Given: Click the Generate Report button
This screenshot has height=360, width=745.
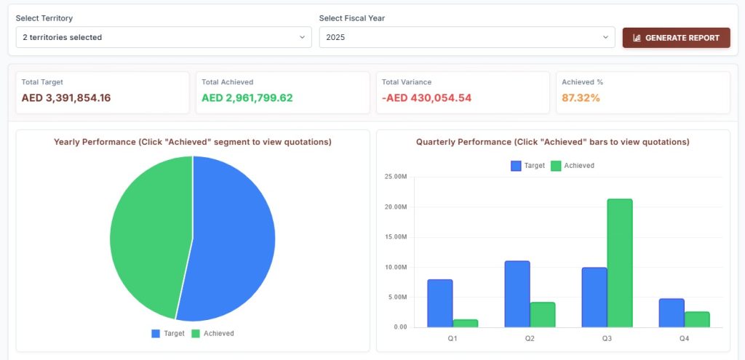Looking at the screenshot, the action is coord(676,38).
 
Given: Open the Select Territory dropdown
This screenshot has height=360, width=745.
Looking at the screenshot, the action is coord(164,37).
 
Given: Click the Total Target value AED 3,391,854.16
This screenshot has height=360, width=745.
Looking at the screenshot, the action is coord(66,98).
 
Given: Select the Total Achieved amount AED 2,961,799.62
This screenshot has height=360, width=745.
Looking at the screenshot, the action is coord(247,98).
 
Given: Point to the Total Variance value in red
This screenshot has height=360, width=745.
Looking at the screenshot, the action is coord(426,98).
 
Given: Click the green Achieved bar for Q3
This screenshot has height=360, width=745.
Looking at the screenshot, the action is coord(620,263).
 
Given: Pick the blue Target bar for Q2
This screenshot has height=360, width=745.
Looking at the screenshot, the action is coord(517,294).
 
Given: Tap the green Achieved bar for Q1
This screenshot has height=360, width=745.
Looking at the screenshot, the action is coord(465,324).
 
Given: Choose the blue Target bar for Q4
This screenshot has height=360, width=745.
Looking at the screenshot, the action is coord(672,313).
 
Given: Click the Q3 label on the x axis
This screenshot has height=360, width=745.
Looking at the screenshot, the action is coord(607,339).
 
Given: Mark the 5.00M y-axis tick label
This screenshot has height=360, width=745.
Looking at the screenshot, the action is coord(397,297).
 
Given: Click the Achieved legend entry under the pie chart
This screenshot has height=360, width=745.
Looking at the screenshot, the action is coord(213,333).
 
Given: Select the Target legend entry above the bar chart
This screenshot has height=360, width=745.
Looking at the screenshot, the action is coord(528,166).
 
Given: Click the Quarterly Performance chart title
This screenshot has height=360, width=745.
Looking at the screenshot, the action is coord(553,142).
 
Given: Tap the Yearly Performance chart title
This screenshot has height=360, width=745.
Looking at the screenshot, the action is coord(192,142).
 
